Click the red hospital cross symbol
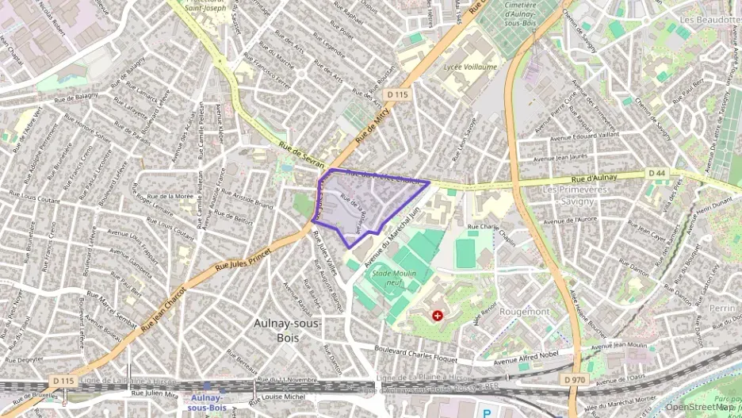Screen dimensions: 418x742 437,316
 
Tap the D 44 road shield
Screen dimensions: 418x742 656,173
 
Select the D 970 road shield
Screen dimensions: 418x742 576,381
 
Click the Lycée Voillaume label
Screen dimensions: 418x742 470,67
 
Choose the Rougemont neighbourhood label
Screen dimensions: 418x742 525,312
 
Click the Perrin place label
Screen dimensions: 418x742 722,307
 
